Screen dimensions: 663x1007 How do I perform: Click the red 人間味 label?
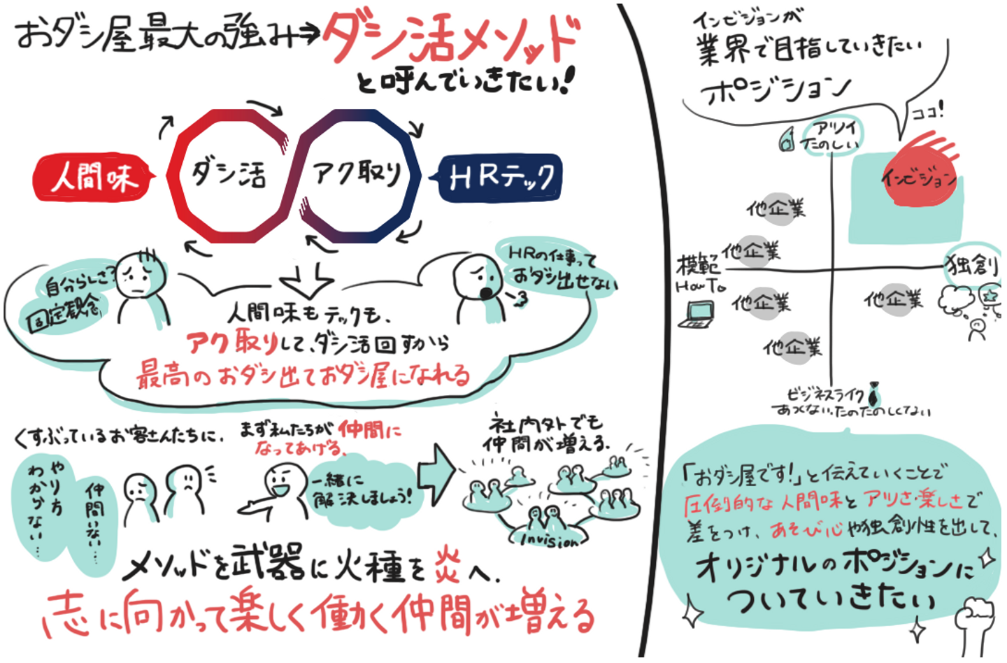click(94, 177)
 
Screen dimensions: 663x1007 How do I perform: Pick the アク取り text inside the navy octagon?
click(357, 172)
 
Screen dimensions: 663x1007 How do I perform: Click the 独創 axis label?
click(973, 265)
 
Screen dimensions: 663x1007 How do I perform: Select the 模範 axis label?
click(697, 264)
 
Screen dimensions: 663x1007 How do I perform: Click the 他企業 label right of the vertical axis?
click(893, 300)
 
